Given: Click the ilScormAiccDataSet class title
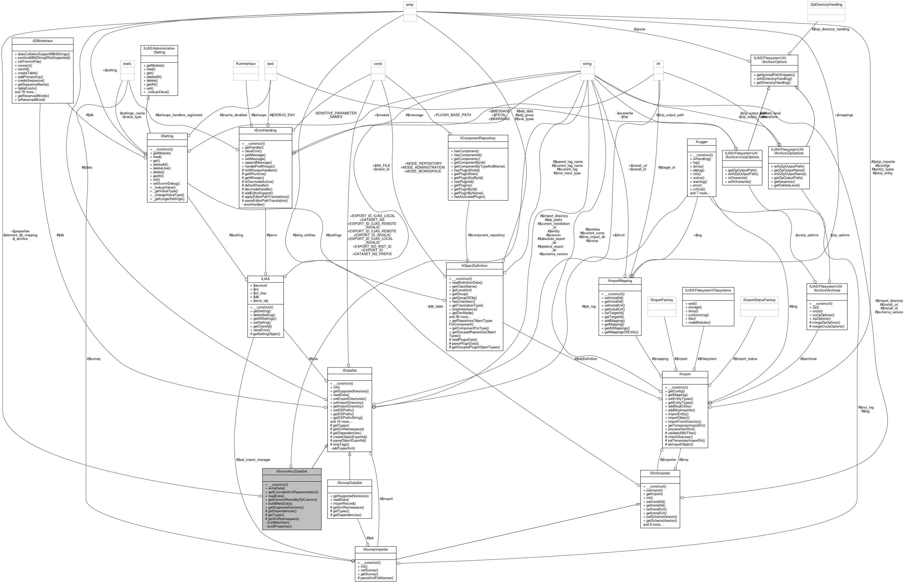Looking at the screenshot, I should (292, 471).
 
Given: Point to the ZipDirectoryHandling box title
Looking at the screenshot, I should (826, 5).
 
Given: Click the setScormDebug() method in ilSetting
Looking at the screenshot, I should (166, 184).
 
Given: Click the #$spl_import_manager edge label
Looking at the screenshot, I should (253, 460).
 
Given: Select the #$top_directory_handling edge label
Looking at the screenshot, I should (830, 29).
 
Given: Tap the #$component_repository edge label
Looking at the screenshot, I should (486, 235).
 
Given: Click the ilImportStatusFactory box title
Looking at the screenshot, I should (759, 300).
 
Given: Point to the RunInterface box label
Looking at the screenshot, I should (246, 64).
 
